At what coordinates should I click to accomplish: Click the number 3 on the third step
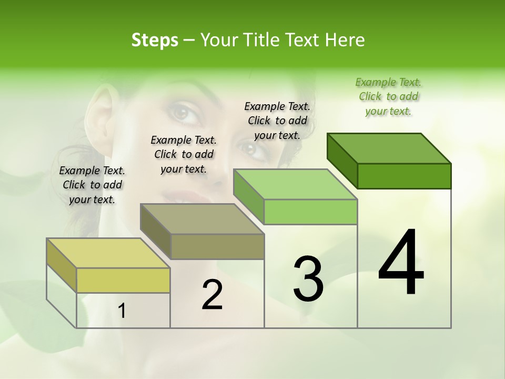[308, 278]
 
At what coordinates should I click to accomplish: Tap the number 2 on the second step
[213, 295]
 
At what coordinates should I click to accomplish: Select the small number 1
[122, 311]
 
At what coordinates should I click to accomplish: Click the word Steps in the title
[155, 40]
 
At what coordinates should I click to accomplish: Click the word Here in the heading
[345, 40]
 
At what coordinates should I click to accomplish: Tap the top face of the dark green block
[389, 148]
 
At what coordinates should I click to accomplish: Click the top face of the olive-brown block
[202, 219]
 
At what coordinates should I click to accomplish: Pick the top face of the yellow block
[108, 253]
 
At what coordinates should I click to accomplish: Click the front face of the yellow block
[123, 280]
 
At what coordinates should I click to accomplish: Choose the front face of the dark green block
[404, 176]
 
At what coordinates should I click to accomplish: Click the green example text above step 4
[388, 96]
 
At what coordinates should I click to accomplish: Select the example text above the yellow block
[92, 185]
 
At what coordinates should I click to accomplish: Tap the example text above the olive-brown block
[184, 154]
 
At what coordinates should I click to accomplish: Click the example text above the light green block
[277, 121]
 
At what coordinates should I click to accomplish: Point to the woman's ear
[100, 111]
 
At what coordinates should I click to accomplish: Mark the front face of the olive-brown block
[217, 246]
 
